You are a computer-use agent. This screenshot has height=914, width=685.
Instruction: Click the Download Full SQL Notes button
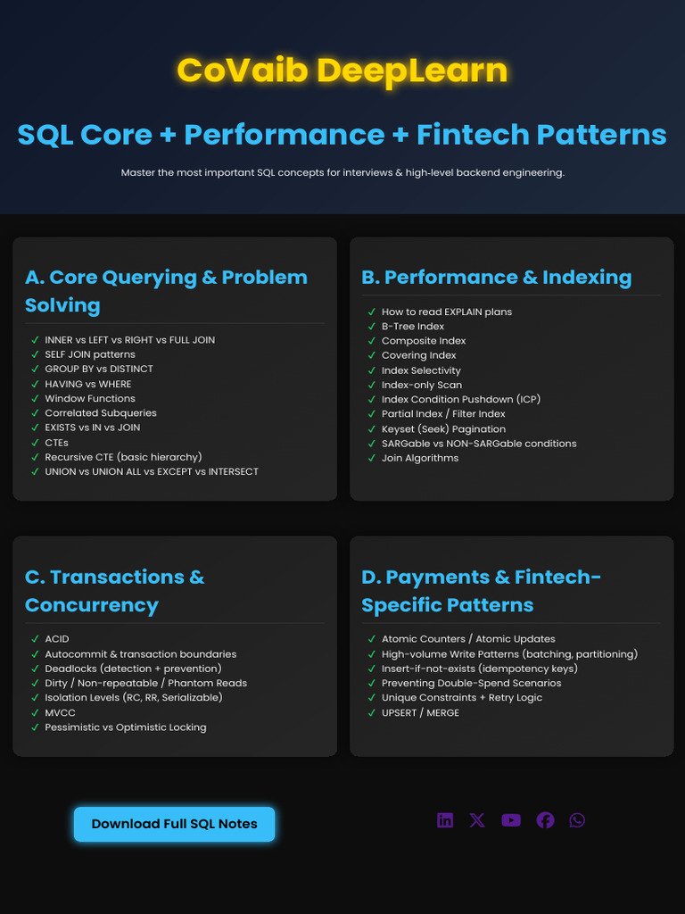(x=174, y=824)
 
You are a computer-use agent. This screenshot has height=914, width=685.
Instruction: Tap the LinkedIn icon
(x=445, y=820)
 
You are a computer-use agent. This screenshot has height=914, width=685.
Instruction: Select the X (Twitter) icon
(x=477, y=820)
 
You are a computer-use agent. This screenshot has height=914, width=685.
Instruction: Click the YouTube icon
(x=511, y=820)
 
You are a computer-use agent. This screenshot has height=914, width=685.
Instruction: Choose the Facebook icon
(x=545, y=820)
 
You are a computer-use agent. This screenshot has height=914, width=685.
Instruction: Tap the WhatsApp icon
(x=577, y=820)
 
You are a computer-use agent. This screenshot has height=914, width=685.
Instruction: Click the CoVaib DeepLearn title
(x=342, y=70)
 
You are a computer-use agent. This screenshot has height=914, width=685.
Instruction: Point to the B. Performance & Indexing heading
(x=496, y=277)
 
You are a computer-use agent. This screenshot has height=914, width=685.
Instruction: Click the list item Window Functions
(x=90, y=398)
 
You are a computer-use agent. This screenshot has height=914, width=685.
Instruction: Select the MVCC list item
(x=60, y=712)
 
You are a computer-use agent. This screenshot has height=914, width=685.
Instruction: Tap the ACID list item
(x=57, y=639)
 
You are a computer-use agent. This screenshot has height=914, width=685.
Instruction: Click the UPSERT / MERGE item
(x=421, y=712)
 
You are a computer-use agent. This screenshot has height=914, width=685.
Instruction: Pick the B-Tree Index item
(x=413, y=326)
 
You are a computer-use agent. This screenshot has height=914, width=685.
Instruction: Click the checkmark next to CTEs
(x=35, y=443)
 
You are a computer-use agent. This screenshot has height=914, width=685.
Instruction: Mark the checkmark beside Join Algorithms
(x=372, y=458)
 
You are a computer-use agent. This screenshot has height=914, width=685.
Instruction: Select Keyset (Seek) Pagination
(x=443, y=428)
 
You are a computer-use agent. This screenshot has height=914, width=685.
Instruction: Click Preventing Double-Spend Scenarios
(x=471, y=683)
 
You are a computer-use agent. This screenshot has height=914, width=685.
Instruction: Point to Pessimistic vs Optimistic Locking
(x=125, y=727)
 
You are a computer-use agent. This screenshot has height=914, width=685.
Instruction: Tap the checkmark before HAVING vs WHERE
(x=35, y=384)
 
